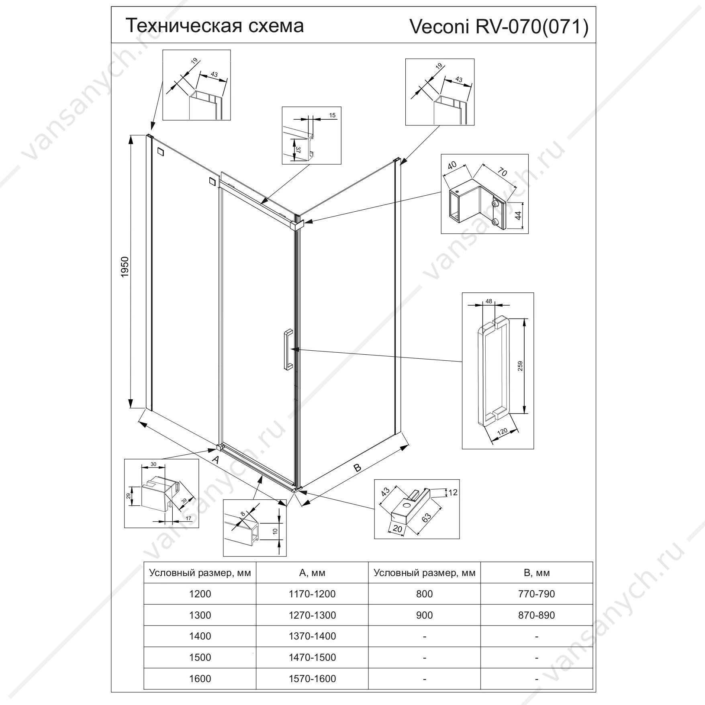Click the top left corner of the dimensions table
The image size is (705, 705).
pyautogui.click(x=144, y=562)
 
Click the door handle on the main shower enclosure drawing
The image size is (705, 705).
pyautogui.click(x=288, y=349)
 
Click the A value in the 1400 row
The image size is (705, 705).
pyautogui.click(x=312, y=636)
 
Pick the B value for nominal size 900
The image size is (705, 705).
pyautogui.click(x=537, y=615)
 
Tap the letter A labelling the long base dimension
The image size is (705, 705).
pyautogui.click(x=215, y=460)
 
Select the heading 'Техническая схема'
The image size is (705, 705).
pyautogui.click(x=215, y=25)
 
